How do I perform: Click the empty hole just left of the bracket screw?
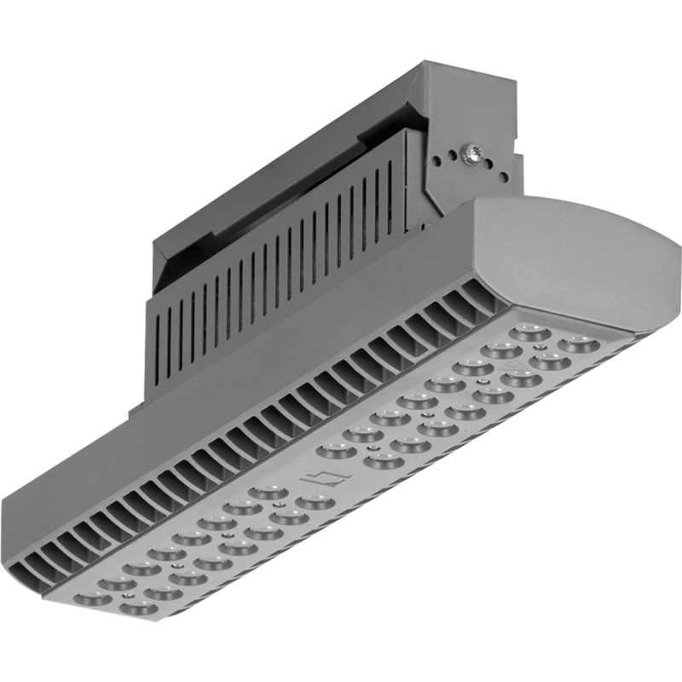tap(453, 156)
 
